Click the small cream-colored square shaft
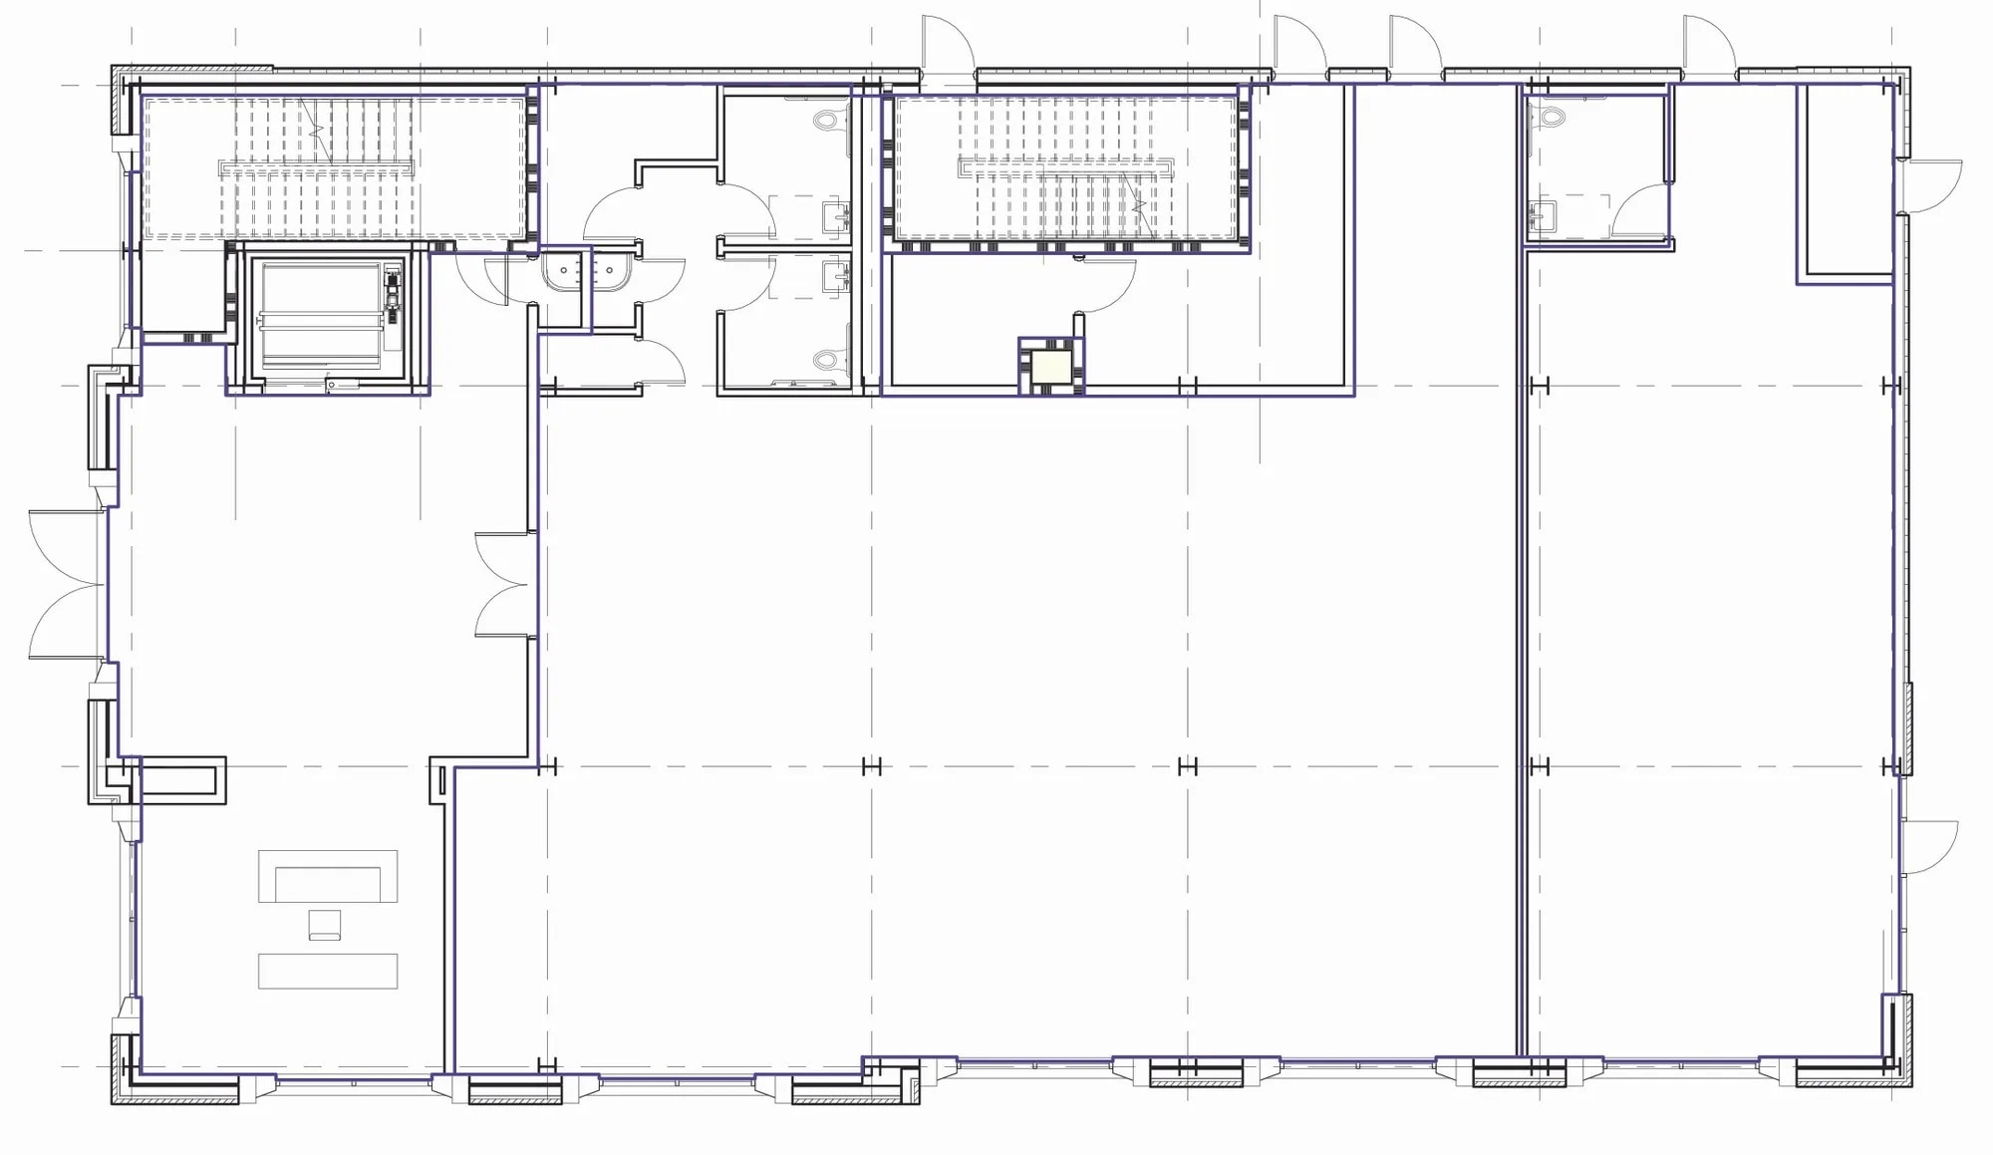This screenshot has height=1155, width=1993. (x=1051, y=366)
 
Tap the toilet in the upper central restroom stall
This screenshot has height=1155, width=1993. (x=826, y=121)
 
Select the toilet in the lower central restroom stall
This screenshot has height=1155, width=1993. (x=826, y=360)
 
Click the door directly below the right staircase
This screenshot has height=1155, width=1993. (x=1106, y=284)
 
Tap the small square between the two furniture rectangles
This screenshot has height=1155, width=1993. (x=325, y=924)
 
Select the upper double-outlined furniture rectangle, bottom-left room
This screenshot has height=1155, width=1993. (x=328, y=876)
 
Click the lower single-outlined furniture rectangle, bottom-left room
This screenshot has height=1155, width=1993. (x=328, y=971)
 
